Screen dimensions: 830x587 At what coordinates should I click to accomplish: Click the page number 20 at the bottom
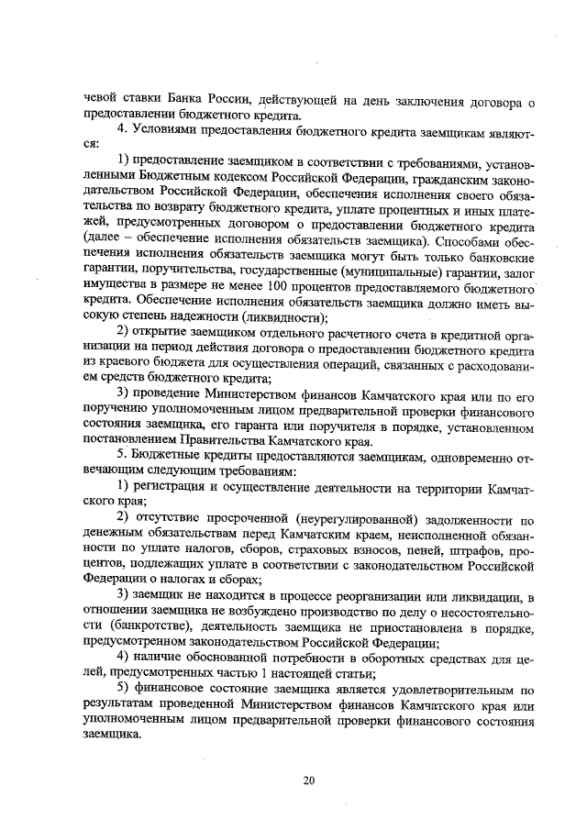(308, 780)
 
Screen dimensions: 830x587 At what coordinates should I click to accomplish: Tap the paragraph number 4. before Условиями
(122, 130)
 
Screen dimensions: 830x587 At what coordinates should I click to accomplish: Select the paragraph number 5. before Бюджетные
(122, 453)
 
